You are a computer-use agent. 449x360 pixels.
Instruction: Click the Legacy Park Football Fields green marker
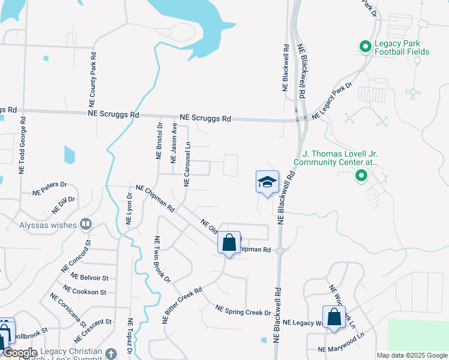[x=364, y=46]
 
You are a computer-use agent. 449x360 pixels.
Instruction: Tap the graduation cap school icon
[x=267, y=182]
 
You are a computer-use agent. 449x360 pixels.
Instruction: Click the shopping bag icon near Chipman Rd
[x=229, y=243]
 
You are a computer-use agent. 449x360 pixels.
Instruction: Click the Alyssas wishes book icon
[x=86, y=224]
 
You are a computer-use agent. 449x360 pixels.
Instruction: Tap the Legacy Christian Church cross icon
[x=110, y=353]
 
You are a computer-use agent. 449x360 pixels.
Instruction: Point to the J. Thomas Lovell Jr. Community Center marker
[x=361, y=175]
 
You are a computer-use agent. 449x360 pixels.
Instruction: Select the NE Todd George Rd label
[x=23, y=145]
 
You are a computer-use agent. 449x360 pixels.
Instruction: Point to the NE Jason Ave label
[x=174, y=143]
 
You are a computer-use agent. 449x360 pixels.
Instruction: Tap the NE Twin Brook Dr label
[x=163, y=259]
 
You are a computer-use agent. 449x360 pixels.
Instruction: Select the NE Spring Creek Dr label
[x=243, y=310]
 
